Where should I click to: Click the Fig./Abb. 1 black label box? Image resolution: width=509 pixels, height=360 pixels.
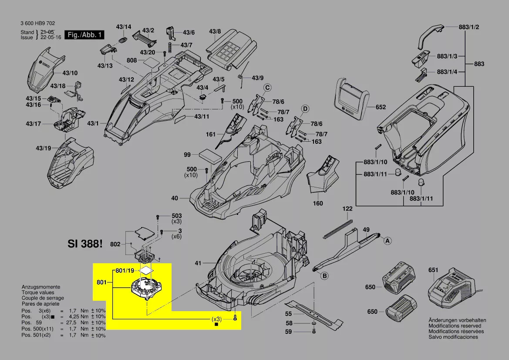point(84,35)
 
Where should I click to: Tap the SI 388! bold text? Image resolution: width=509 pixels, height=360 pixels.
point(85,244)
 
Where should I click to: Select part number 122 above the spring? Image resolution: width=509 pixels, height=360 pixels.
point(347,209)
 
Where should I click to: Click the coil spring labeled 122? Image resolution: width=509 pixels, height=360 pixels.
point(338,229)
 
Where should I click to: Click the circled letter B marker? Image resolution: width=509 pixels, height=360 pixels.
point(324,275)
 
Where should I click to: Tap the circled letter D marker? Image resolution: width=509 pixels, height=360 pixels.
point(305,108)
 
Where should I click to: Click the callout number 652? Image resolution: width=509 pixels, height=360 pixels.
point(381,107)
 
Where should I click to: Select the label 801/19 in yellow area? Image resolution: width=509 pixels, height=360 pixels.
point(125,271)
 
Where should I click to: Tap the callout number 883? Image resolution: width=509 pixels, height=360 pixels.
point(479,64)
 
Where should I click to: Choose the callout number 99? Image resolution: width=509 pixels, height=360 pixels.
point(187,155)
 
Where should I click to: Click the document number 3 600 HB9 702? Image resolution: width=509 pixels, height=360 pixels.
point(38,24)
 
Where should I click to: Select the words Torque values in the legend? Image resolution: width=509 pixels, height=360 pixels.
point(38,292)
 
